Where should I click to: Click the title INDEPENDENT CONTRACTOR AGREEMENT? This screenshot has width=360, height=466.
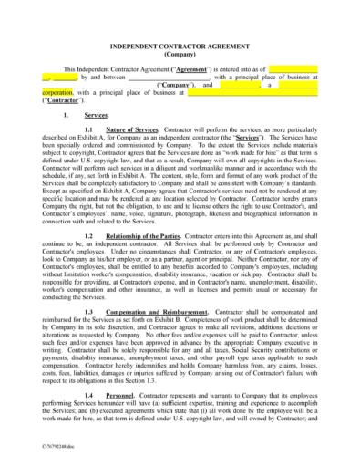pos(180,46)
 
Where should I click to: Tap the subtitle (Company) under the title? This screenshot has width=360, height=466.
pos(180,54)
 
